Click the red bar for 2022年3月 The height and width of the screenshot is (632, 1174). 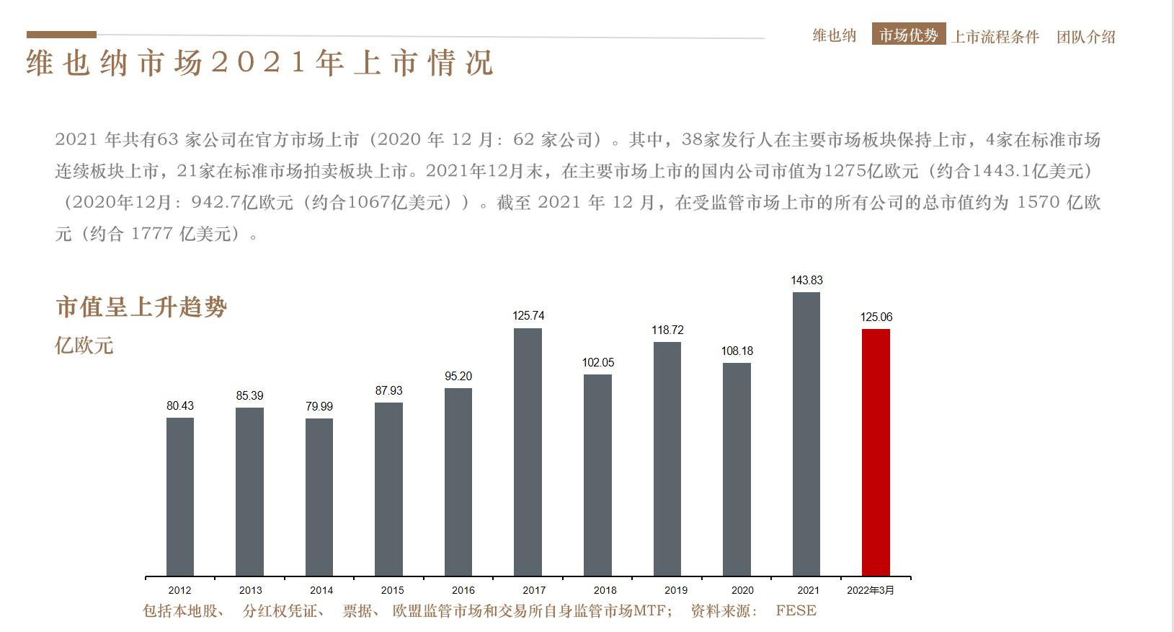[x=876, y=452]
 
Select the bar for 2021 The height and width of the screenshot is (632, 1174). [x=806, y=434]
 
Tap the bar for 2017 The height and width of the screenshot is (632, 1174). [x=528, y=452]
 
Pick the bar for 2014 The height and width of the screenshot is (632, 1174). [x=319, y=497]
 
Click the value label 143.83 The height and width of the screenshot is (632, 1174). [x=806, y=280]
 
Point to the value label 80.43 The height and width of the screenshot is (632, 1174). [x=180, y=405]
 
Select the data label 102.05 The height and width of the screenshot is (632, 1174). [x=597, y=362]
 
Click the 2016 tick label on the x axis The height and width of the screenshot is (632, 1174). [x=463, y=590]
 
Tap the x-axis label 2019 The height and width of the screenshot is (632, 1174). [x=675, y=590]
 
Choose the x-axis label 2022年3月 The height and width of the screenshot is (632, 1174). [x=870, y=590]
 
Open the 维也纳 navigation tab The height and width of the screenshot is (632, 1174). [x=834, y=35]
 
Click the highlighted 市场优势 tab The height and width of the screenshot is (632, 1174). [x=908, y=35]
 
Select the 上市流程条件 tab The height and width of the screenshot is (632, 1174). [x=995, y=37]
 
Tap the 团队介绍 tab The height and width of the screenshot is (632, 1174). [x=1085, y=37]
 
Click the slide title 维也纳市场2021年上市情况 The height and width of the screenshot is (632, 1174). [x=259, y=63]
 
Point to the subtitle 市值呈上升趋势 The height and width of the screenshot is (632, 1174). [x=141, y=307]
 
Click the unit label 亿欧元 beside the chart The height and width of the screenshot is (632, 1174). [x=84, y=345]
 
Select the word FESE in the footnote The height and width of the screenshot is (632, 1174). [x=796, y=611]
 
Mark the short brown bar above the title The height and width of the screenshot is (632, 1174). [x=61, y=35]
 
